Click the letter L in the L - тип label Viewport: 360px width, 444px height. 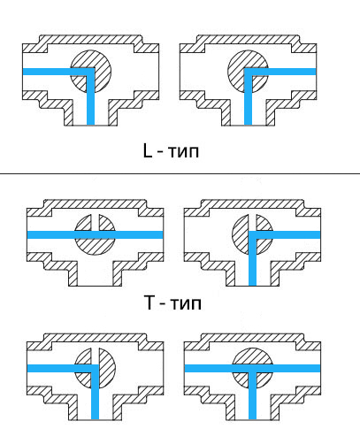point(148,150)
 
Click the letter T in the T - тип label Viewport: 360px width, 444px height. point(149,302)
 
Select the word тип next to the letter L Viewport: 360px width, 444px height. point(183,152)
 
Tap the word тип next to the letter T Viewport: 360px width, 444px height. point(187,303)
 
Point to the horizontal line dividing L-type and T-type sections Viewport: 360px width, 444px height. point(180,173)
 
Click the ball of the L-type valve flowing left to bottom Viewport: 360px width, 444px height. point(91,72)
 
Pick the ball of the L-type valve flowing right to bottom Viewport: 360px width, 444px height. point(249,72)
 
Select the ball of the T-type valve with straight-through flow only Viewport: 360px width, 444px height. point(95,234)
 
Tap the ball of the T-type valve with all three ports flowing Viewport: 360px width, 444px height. point(252,368)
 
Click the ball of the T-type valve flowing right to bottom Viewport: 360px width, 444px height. point(252,234)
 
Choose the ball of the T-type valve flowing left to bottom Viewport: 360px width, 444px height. point(95,368)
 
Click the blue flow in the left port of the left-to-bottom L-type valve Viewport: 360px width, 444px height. point(47,72)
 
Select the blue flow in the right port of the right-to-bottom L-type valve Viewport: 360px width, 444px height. point(292,72)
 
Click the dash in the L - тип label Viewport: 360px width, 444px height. point(160,153)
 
